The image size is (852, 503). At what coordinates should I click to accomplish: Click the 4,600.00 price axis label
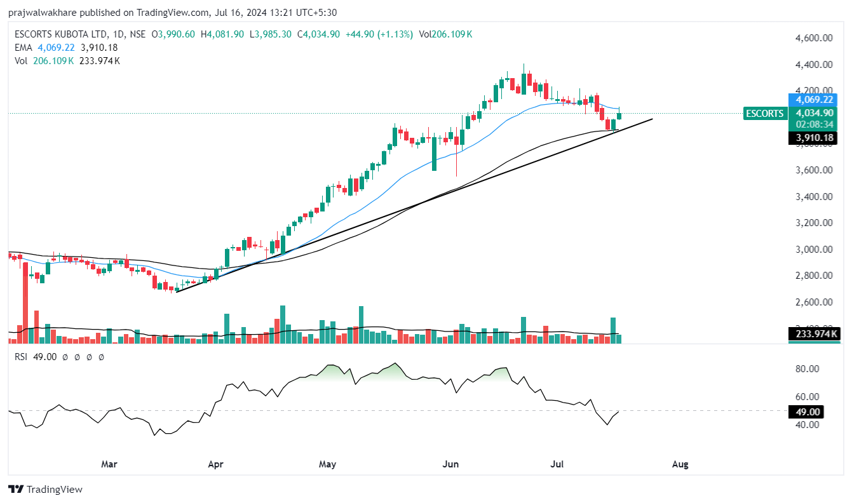tap(814, 38)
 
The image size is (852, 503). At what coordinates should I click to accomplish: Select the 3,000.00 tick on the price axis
tap(814, 249)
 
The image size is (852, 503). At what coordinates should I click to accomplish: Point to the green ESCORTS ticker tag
tap(764, 114)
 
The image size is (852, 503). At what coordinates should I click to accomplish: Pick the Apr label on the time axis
tap(215, 464)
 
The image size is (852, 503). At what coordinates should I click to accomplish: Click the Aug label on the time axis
tap(680, 464)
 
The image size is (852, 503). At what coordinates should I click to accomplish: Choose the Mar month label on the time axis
tap(110, 464)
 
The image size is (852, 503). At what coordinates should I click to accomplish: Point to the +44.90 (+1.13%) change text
tap(379, 34)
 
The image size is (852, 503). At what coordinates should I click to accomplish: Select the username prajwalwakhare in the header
tap(41, 13)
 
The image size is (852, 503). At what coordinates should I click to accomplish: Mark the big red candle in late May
tap(434, 152)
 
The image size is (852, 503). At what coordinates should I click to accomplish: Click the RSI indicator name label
tap(22, 358)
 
